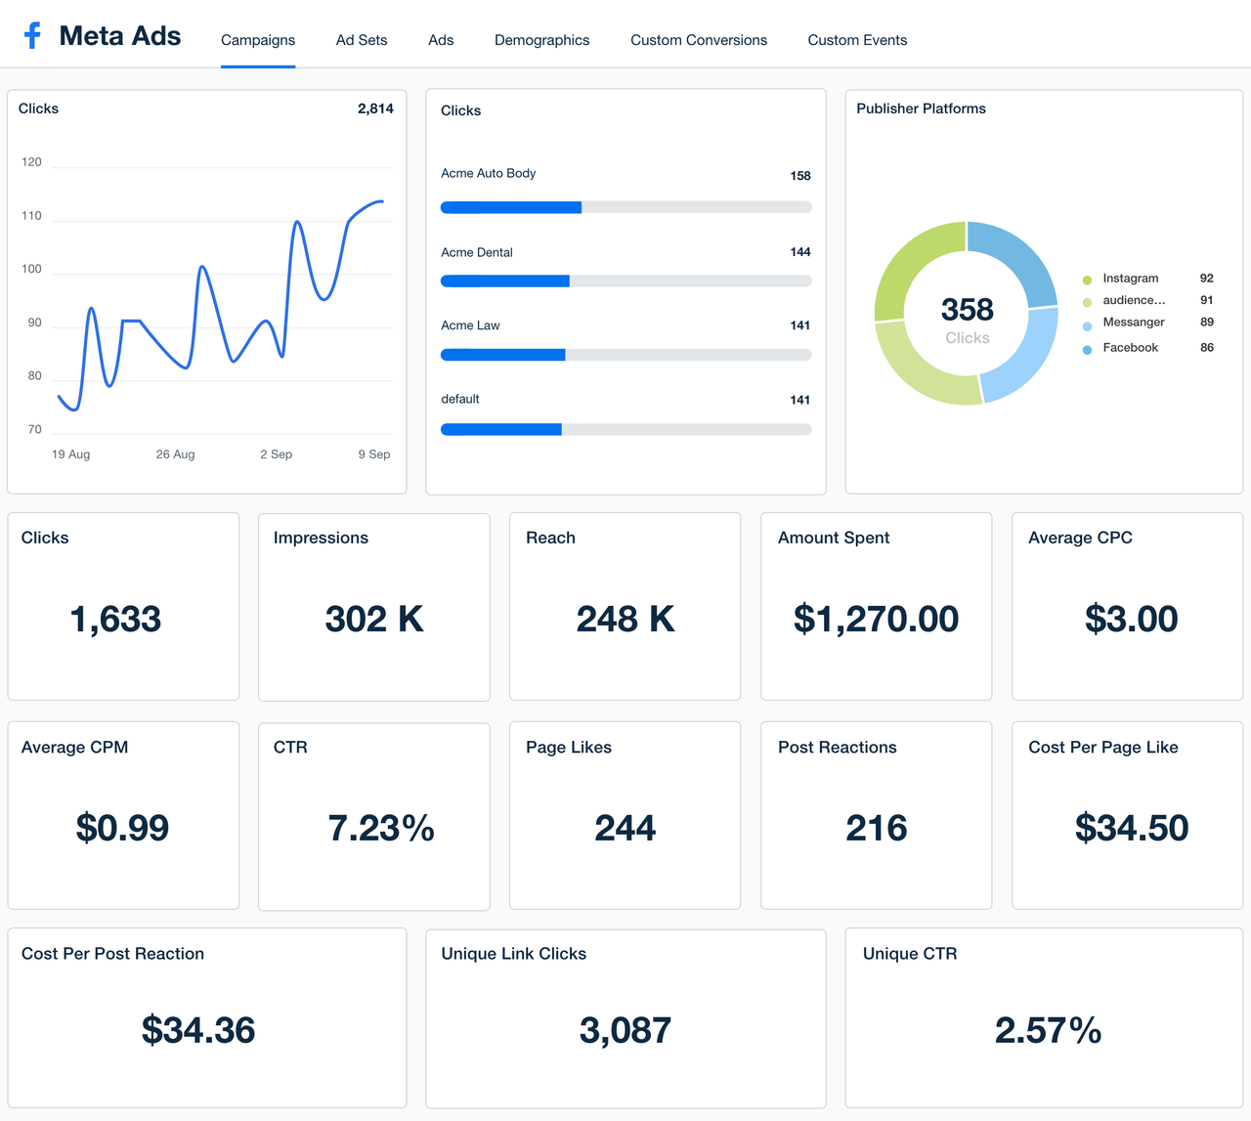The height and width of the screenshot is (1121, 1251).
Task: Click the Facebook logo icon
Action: coord(32,36)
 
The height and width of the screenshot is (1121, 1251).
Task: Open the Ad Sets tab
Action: coord(362,40)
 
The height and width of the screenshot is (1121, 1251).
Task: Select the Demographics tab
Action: coord(541,40)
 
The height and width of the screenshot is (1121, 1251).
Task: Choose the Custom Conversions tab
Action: coord(698,40)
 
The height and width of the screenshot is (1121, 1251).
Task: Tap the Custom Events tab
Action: coord(857,40)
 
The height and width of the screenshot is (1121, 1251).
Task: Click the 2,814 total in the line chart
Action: coord(375,108)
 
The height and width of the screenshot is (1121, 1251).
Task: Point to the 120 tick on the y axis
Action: coord(32,162)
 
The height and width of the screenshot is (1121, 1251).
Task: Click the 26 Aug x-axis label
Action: coord(175,454)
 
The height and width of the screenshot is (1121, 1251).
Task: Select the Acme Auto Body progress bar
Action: coord(625,207)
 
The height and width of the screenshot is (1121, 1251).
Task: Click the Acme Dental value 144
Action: coord(799,252)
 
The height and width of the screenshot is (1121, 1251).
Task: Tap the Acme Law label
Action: coord(470,325)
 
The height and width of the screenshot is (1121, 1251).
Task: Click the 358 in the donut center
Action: coord(967,310)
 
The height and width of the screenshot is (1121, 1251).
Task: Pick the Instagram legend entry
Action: coord(1130,279)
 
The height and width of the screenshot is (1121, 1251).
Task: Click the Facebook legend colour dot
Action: coord(1087,349)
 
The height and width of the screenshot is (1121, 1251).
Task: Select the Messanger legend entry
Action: coord(1133,323)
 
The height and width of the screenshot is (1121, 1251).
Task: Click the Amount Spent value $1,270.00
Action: coord(876,619)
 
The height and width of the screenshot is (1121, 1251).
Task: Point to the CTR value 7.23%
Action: coord(380,828)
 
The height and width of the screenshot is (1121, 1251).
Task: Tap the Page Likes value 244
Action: coord(625,828)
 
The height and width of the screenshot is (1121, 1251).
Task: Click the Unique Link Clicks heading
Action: coord(513,954)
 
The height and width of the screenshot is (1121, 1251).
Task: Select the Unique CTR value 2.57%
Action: coord(1048,1030)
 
